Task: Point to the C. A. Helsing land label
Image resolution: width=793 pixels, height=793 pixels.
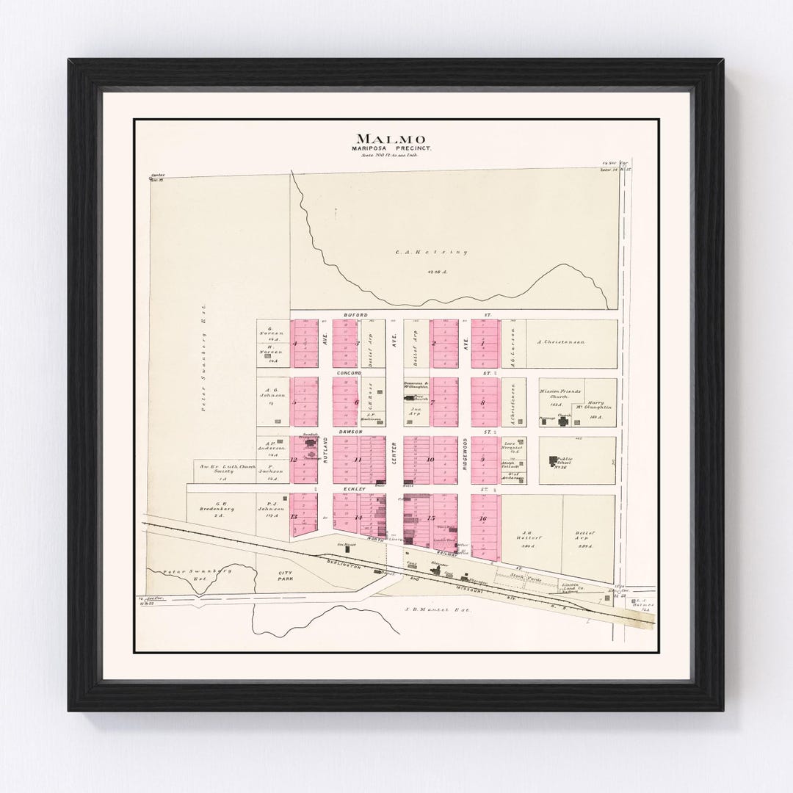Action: click(x=431, y=252)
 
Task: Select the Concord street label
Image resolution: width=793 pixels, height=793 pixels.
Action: click(x=350, y=373)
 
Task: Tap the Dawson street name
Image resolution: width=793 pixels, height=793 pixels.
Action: click(x=351, y=432)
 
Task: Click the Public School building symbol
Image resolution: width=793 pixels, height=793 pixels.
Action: click(x=552, y=461)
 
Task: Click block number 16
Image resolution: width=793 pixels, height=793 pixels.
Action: click(x=482, y=518)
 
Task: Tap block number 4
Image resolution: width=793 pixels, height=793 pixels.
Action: click(x=294, y=343)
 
